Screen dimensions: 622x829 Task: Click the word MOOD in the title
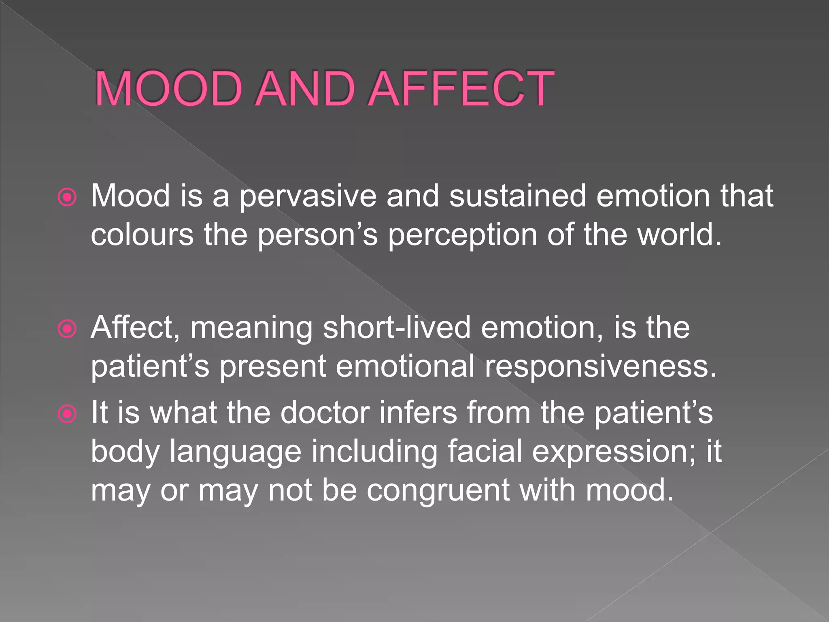(x=168, y=89)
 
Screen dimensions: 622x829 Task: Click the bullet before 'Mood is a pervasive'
(x=67, y=198)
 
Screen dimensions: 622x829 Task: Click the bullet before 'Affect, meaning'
(x=67, y=329)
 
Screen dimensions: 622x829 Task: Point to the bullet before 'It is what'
(x=67, y=414)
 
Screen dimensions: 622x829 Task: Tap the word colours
(x=142, y=235)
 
